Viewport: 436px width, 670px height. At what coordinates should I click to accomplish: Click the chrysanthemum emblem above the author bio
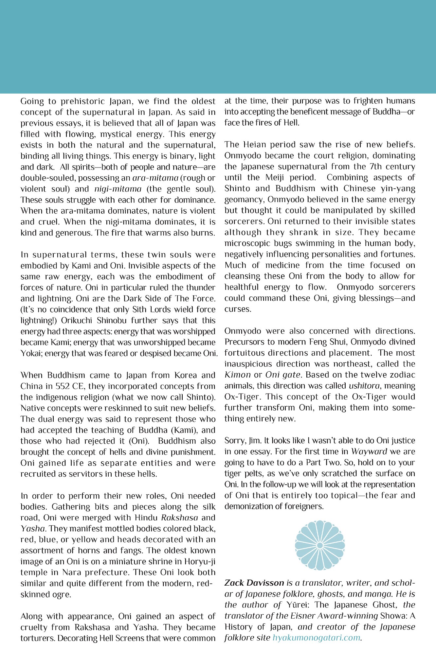point(320,545)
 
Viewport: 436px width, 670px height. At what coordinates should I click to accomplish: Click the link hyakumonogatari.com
point(317,638)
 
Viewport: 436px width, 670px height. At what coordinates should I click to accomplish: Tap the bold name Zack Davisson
point(254,583)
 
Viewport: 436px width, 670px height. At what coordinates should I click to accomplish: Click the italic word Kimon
point(238,375)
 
